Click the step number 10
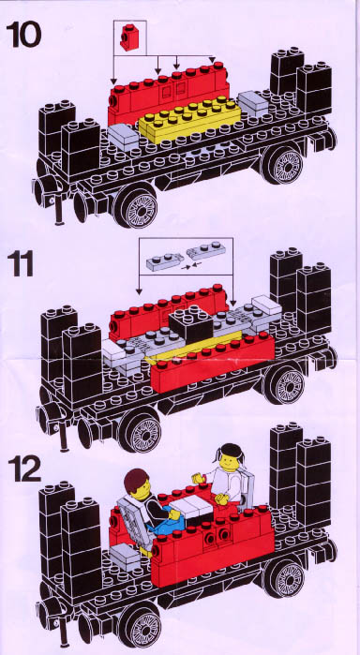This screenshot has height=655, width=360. tap(23, 35)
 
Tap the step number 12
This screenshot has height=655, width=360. tap(24, 469)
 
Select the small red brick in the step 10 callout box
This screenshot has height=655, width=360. tap(128, 37)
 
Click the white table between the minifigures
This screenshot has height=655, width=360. tap(191, 509)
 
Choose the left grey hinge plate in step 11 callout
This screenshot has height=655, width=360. tap(165, 262)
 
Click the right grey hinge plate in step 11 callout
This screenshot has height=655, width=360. tap(205, 251)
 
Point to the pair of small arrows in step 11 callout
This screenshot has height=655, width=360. tap(189, 264)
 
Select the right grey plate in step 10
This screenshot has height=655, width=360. tap(253, 104)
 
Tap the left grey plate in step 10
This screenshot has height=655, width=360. tap(123, 137)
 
